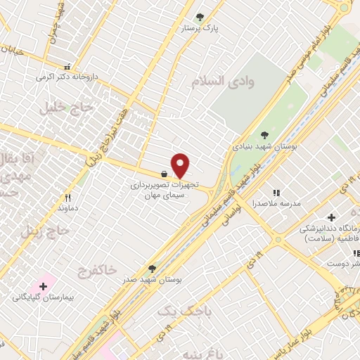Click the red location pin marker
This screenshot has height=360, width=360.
[181, 166]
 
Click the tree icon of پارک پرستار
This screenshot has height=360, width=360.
[200, 17]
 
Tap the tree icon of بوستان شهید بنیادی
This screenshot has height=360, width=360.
[264, 135]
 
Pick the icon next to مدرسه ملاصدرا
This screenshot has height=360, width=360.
[276, 192]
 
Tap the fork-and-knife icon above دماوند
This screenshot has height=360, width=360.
[68, 198]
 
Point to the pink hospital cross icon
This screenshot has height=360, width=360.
[44, 286]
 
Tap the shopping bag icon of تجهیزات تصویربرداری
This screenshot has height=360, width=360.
[164, 173]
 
